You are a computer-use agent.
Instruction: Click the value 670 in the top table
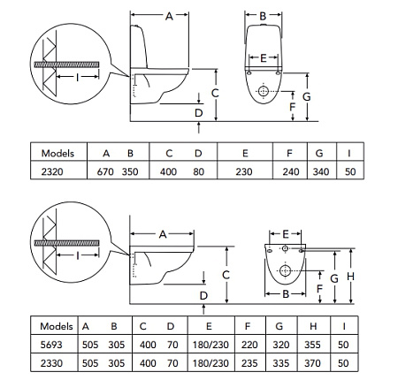point(105,171)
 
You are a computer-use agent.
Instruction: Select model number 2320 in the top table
point(52,171)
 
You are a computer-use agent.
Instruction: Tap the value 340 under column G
point(321,171)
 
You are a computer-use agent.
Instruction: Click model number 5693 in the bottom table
point(51,345)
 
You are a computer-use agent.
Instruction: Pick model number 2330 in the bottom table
point(51,363)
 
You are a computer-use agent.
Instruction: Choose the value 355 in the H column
point(312,345)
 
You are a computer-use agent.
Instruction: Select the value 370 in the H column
point(312,363)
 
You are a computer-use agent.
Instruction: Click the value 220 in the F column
point(249,345)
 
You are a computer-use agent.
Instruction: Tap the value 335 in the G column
point(280,363)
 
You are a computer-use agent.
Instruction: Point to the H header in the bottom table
point(313,326)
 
